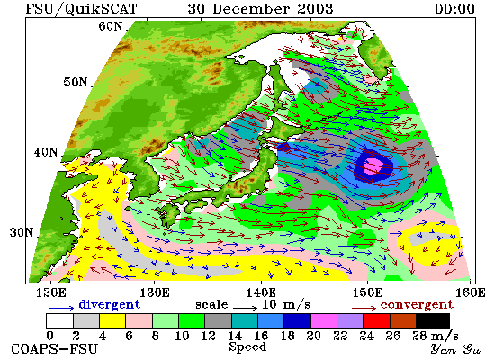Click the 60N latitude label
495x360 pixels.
(x=110, y=26)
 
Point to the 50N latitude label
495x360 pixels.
(x=75, y=82)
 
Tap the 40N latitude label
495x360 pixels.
(x=46, y=152)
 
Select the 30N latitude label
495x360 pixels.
(x=22, y=232)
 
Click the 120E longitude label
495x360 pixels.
(x=51, y=292)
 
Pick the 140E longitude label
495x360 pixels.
(x=261, y=292)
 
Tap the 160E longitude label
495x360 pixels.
(x=471, y=292)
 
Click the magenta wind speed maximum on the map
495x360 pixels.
(x=373, y=166)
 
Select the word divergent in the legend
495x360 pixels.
(x=109, y=304)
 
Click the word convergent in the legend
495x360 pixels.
(x=417, y=305)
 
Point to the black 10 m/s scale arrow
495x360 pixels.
(x=246, y=308)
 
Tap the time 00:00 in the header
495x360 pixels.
(x=454, y=8)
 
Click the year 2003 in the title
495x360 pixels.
(x=315, y=8)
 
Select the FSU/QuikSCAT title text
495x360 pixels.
(x=81, y=9)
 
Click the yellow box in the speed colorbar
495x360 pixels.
(x=112, y=320)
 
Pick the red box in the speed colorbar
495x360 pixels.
(x=376, y=320)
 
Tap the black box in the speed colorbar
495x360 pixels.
(x=433, y=320)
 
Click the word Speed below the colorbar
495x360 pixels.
(x=247, y=346)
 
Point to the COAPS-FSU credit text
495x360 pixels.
(x=55, y=349)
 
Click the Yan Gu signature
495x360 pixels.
(x=456, y=348)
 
